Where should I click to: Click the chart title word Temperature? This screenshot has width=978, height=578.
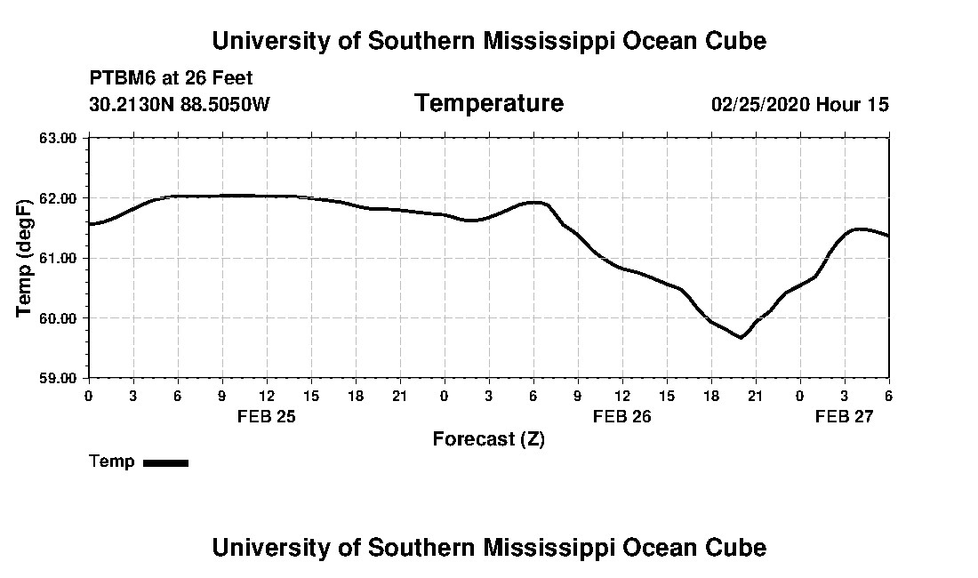point(488,104)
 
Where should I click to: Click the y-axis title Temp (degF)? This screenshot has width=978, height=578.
point(26,258)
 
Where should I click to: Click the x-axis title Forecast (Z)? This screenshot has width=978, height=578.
point(488,439)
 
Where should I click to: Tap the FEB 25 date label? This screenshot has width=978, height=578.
point(267,416)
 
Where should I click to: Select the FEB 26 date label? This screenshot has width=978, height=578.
point(622,416)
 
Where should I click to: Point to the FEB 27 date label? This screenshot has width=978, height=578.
point(845,416)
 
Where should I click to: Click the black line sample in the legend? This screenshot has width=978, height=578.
point(166,462)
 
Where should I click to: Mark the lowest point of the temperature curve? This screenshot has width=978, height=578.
point(740,338)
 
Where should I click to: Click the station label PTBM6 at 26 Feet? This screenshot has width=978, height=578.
point(172,78)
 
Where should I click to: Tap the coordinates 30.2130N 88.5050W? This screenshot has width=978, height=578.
point(180,104)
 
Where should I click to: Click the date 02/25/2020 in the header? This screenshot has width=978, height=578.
point(759,104)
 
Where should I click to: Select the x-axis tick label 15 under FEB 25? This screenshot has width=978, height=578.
point(311,396)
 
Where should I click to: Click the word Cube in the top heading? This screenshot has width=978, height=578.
point(735,41)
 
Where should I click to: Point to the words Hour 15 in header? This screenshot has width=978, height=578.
point(853,104)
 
